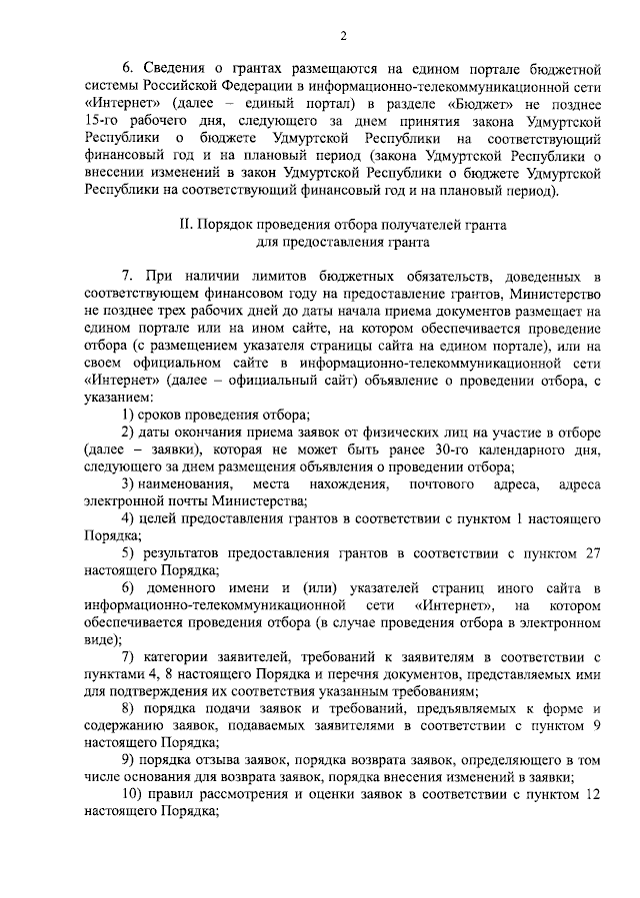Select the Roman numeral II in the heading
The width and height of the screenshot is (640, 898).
pos(184,225)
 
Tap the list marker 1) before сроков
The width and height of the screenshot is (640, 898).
pos(129,415)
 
